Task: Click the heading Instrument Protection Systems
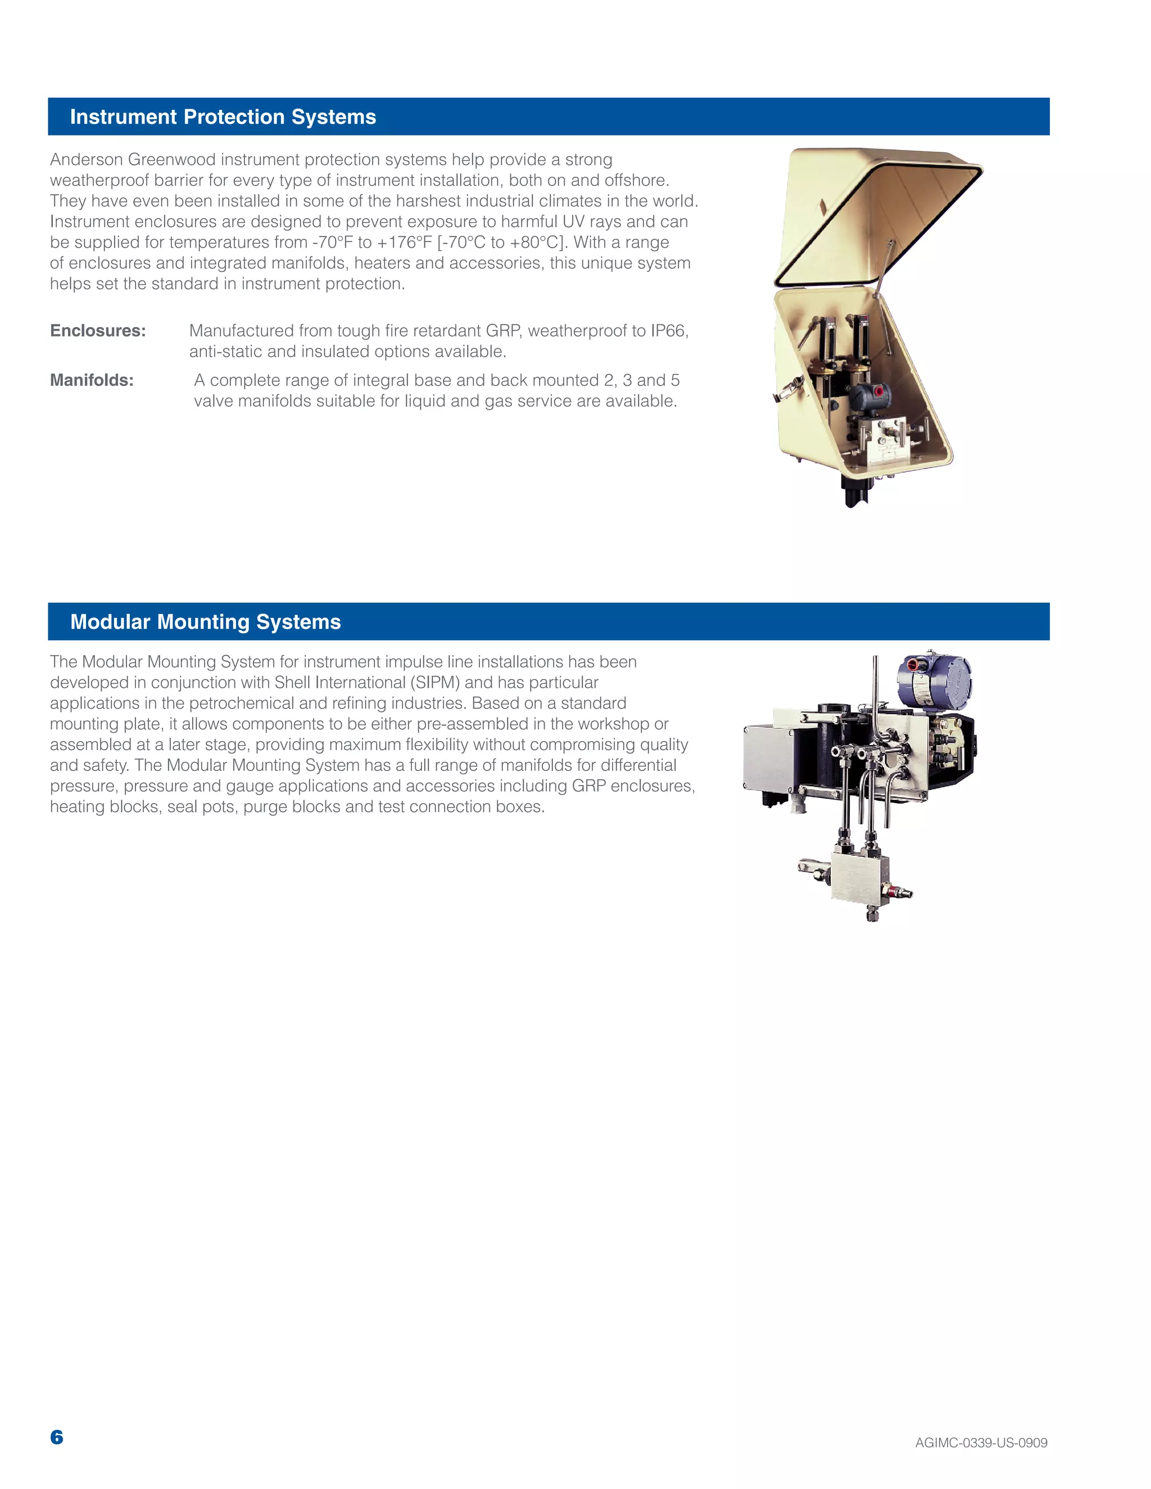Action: coord(223,117)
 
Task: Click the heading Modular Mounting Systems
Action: coord(205,622)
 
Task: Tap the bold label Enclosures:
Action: coord(98,330)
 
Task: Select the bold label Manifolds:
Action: coord(92,380)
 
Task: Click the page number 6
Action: coord(57,1437)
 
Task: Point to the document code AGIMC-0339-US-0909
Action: coord(981,1442)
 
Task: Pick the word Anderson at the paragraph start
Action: coord(86,160)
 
